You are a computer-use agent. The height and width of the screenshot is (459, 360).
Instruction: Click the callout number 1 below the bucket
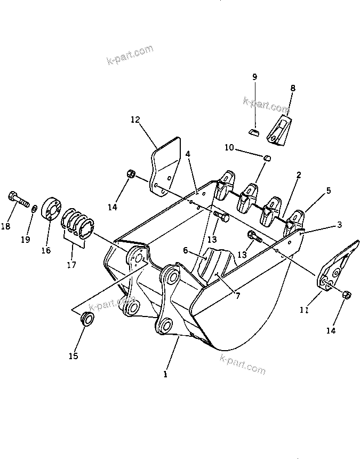pos(166,374)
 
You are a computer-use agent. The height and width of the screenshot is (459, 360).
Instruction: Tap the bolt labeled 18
pos(18,200)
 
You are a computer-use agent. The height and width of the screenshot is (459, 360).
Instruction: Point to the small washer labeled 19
pos(35,208)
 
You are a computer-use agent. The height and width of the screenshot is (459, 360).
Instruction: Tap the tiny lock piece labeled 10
pos(268,157)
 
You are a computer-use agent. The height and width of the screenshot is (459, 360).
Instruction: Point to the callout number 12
pos(134,120)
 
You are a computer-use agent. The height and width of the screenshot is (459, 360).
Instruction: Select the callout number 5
pos(328,190)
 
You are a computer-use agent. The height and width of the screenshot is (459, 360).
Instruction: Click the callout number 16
pos(46,250)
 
